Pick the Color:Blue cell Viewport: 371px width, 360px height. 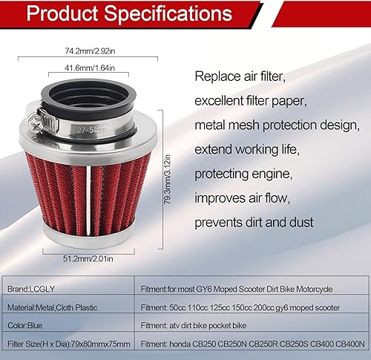[24, 324]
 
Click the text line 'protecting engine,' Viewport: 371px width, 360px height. [243, 174]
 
